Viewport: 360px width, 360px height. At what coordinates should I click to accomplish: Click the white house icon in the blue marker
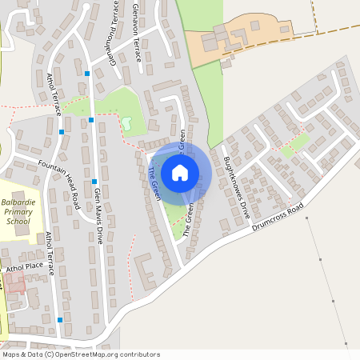pyautogui.click(x=180, y=172)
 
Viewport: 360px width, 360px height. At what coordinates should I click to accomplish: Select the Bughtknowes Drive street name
pyautogui.click(x=237, y=188)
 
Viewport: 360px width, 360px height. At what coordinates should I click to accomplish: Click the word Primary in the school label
pyautogui.click(x=15, y=212)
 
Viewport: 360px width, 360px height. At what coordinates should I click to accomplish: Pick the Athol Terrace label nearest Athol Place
pyautogui.click(x=50, y=254)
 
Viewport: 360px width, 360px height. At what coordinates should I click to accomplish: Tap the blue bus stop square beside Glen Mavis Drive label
pyautogui.click(x=94, y=181)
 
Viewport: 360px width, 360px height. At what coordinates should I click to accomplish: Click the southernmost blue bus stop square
pyautogui.click(x=60, y=319)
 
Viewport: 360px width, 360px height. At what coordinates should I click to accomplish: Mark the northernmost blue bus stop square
pyautogui.click(x=87, y=74)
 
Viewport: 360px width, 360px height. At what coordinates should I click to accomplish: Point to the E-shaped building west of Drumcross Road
pyautogui.click(x=145, y=270)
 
